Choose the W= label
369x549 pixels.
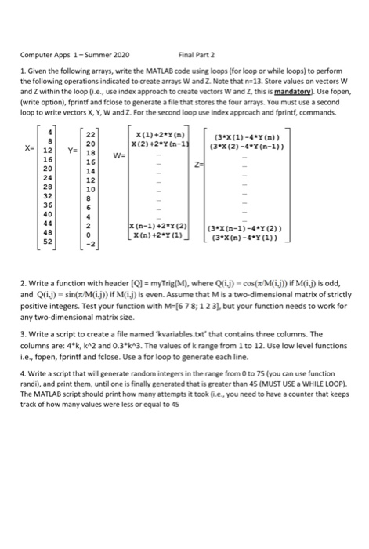pos(117,154)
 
